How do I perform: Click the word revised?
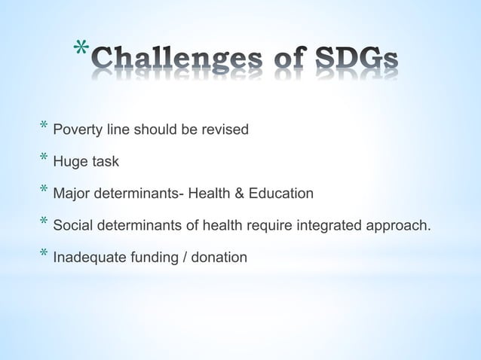[225, 130]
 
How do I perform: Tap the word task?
[104, 162]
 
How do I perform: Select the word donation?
[219, 258]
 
